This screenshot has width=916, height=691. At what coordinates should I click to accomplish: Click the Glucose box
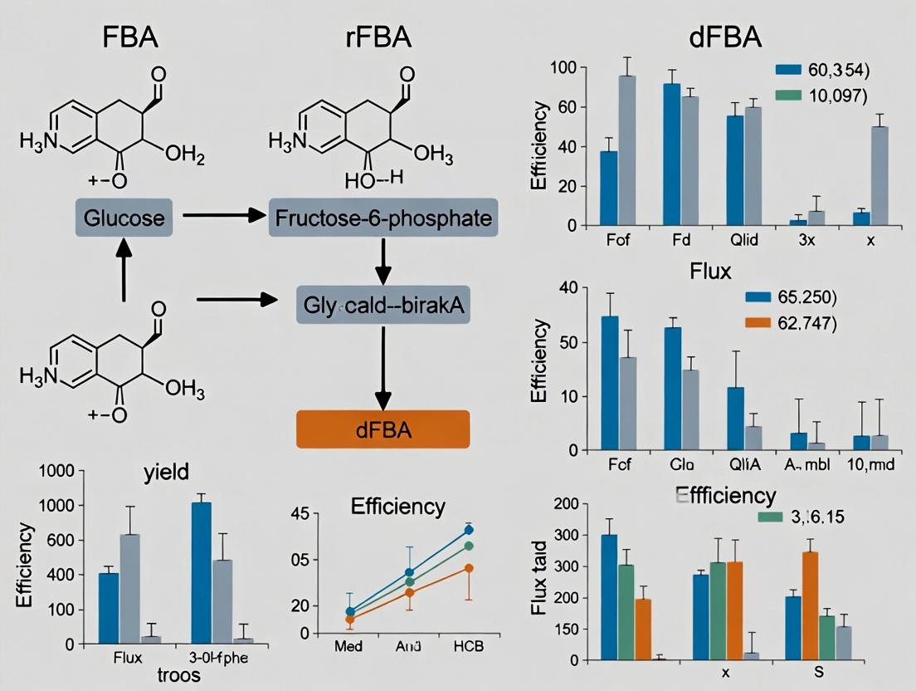[x=124, y=218]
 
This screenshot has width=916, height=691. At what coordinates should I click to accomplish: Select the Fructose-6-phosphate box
[x=382, y=218]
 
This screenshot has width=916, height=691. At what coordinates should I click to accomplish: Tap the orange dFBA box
[x=382, y=431]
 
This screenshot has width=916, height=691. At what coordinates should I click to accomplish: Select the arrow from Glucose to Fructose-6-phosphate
[x=220, y=216]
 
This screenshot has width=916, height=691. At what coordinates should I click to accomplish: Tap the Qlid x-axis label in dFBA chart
[x=743, y=241]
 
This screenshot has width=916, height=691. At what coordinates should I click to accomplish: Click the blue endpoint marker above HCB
[x=469, y=529]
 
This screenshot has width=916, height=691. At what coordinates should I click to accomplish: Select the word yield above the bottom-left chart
[x=166, y=472]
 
